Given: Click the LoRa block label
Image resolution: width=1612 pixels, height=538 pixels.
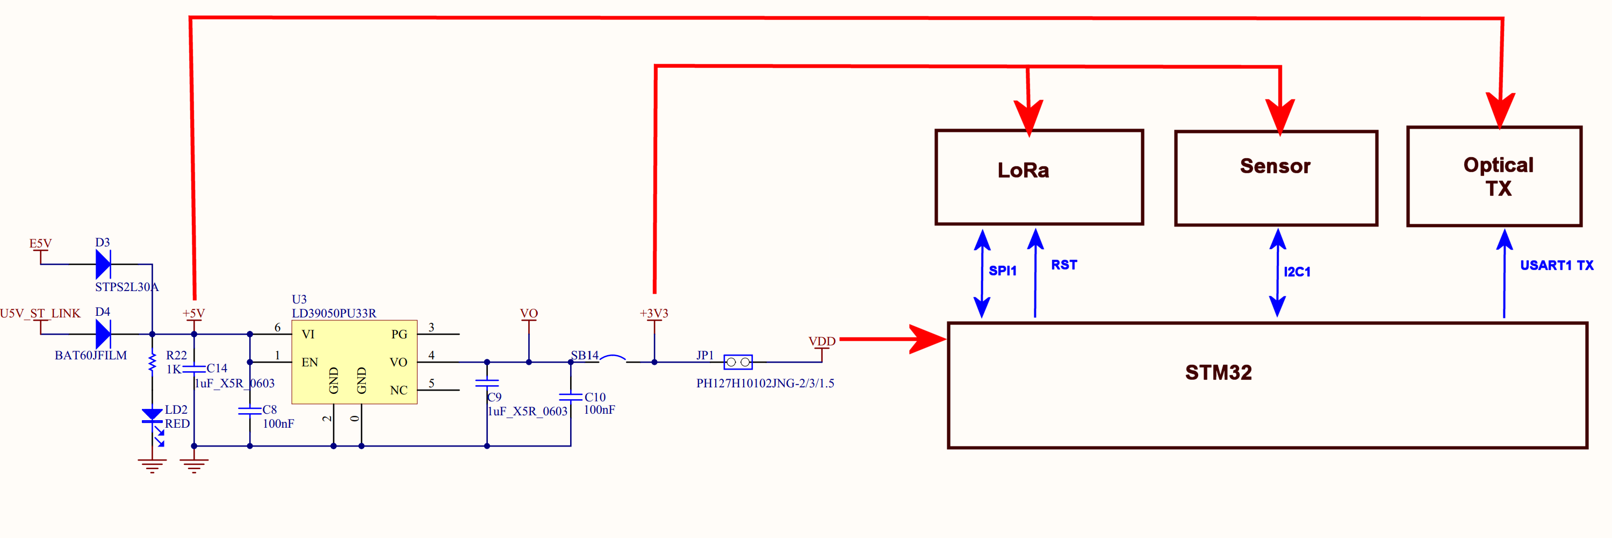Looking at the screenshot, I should pos(1023,171).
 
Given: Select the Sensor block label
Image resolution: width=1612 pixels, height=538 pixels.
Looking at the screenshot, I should pos(1275,166).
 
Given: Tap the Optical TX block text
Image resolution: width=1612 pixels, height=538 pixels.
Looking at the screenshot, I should pos(1498,176).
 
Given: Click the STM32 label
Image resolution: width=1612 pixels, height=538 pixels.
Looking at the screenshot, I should pos(1218,373).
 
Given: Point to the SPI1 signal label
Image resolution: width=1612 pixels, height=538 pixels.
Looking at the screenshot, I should pos(1002,271).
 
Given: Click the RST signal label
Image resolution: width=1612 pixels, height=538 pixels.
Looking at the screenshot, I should pos(1064,265).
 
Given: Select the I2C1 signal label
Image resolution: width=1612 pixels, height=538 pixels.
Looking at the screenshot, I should pos(1297,272).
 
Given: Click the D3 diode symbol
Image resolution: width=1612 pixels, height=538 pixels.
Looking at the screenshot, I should pos(103,264).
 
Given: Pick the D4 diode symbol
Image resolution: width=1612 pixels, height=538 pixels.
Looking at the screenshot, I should pos(103,334).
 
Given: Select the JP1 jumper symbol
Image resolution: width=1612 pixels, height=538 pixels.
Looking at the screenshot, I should pos(738,362).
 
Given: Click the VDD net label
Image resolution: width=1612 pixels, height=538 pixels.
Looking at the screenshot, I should pos(822,341).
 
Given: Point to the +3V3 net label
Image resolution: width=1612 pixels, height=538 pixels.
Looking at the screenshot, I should pos(653,313).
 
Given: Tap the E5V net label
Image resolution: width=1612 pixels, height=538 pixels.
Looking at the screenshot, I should pos(41,244).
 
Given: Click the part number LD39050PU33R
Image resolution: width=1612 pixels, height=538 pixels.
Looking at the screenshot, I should pos(334,313).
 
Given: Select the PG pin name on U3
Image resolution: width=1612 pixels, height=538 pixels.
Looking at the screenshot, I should pos(399,335).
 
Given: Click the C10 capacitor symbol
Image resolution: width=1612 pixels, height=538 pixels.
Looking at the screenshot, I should pos(570,397).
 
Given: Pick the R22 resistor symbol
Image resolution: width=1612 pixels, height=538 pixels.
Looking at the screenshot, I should pos(152,362).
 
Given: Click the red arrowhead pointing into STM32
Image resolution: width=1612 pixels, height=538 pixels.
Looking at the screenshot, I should pos(927,339).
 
